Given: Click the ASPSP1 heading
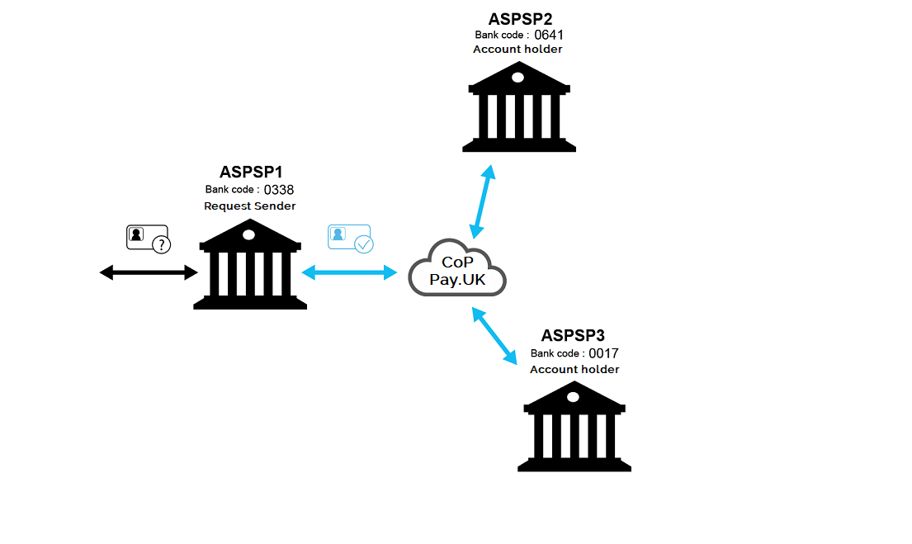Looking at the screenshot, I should tap(251, 173).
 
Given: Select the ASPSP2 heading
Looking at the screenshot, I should tap(520, 18).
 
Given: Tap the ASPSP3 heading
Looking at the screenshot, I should tap(574, 336).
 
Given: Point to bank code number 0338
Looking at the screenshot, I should tap(279, 190).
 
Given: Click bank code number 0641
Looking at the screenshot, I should tap(549, 35).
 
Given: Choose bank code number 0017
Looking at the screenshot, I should tap(603, 353).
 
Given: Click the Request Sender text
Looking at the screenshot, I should tap(250, 206).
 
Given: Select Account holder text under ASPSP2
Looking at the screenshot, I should tap(517, 50).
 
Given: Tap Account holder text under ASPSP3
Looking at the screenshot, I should tap(574, 369).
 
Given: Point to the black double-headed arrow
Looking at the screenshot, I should tap(149, 272).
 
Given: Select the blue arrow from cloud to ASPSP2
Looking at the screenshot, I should tap(482, 201).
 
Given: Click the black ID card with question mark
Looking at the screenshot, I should tap(148, 239).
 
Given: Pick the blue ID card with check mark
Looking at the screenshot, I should tap(350, 238).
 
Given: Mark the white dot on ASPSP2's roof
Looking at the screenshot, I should tap(517, 78).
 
